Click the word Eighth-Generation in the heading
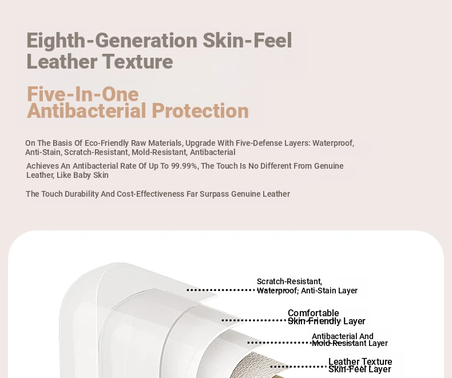112,41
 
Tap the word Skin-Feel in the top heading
247,41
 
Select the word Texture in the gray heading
137,61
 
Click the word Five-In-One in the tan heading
83,94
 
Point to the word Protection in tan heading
200,110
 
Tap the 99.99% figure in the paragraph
184,166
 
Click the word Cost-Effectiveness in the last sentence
150,194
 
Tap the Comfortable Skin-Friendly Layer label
326,317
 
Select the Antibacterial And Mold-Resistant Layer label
350,340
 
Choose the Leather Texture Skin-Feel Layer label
360,365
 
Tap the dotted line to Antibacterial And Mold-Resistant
279,343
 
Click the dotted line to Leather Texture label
299,367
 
